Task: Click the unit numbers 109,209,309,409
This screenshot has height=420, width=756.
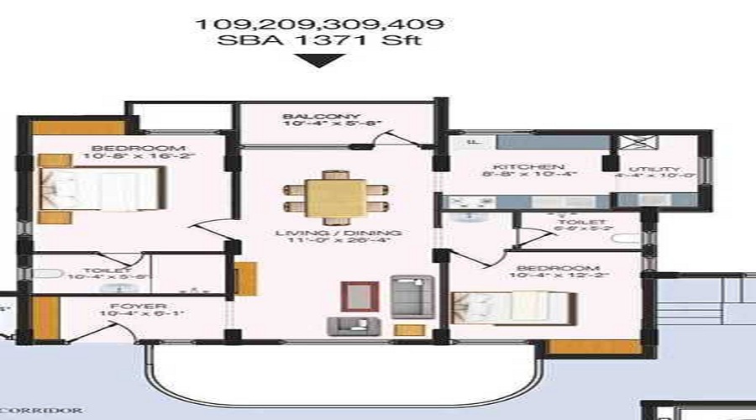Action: click(x=320, y=24)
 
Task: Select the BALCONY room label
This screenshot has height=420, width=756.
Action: click(x=309, y=117)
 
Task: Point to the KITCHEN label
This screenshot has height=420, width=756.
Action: click(x=517, y=167)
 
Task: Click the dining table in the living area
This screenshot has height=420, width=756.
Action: click(x=335, y=196)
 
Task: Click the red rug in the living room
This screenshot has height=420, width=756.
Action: click(x=354, y=296)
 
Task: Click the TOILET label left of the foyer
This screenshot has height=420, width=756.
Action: click(x=107, y=270)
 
